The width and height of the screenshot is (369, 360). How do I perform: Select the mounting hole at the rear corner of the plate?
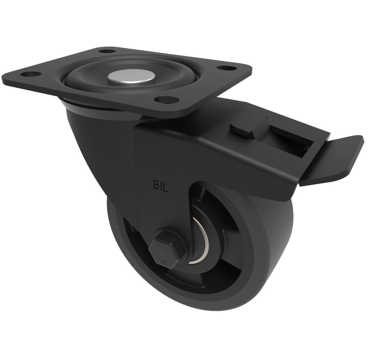click(x=107, y=51)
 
